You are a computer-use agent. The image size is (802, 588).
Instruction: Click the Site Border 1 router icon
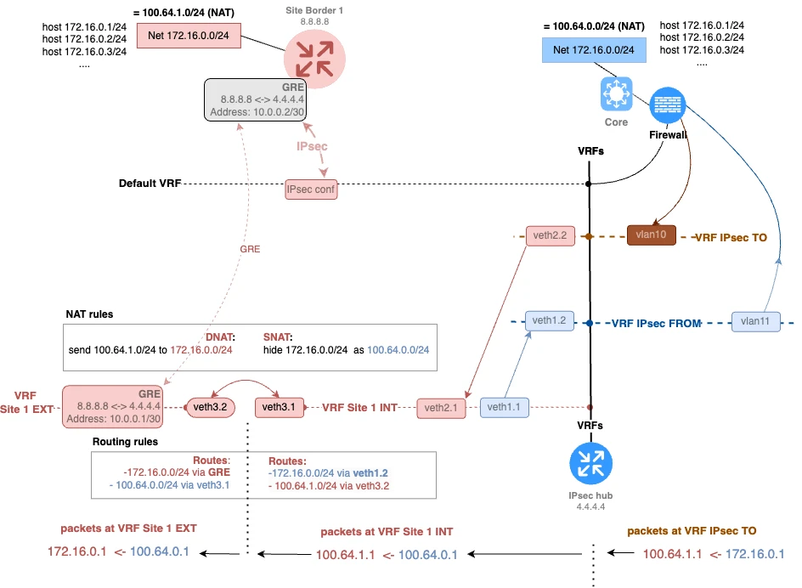tap(314, 56)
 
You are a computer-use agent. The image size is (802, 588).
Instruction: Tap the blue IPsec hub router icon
tap(591, 464)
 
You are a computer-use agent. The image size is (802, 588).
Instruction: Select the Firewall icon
tap(667, 107)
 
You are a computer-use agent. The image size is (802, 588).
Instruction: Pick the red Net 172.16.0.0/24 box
tap(189, 35)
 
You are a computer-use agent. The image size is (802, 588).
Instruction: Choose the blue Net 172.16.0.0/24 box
tap(594, 50)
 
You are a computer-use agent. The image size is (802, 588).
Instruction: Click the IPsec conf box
tap(312, 189)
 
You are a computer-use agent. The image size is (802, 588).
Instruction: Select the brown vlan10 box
tap(651, 235)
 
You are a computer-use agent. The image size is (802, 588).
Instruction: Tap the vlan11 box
tap(755, 322)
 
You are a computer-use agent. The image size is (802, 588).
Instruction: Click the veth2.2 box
tap(548, 235)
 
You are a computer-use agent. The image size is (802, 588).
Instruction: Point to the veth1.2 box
tap(548, 321)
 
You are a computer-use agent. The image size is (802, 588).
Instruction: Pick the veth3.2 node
tap(209, 408)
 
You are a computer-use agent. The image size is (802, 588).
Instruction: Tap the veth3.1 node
tap(279, 408)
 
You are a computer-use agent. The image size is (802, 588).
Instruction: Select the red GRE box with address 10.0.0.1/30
tap(112, 406)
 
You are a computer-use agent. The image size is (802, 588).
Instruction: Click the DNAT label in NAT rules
tap(223, 336)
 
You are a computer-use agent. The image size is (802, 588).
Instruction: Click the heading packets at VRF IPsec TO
tap(692, 530)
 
